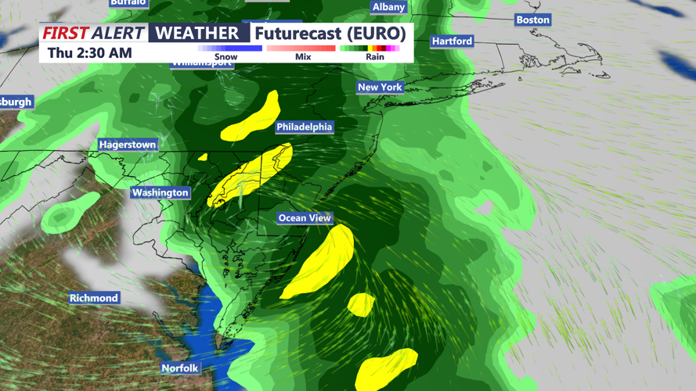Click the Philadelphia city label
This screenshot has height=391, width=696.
pos(305,127)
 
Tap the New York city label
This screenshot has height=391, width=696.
pos(380,87)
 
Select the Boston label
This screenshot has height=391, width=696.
pos(532,20)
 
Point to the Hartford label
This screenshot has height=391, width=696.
pos(452,41)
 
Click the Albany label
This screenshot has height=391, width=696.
pos(388,7)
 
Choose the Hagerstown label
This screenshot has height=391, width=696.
pos(128,145)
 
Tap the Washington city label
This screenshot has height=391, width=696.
pos(160,192)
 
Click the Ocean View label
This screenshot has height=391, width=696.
pos(305,218)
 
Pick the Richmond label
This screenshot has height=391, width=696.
pos(94,298)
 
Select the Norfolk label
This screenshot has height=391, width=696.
pos(180,368)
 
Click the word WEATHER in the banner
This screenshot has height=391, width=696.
pos(197,33)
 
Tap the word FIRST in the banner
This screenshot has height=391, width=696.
pos(65,33)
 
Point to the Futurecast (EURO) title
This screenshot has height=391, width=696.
pos(330,34)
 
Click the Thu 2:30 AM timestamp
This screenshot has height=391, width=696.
pos(89,53)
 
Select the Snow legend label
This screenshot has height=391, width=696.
pos(225,57)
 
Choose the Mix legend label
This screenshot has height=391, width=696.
pos(303,57)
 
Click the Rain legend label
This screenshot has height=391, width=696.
pos(375,57)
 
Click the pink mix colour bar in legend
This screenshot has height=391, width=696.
pos(301,48)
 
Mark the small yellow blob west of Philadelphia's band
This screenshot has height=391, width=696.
pos(203,157)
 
